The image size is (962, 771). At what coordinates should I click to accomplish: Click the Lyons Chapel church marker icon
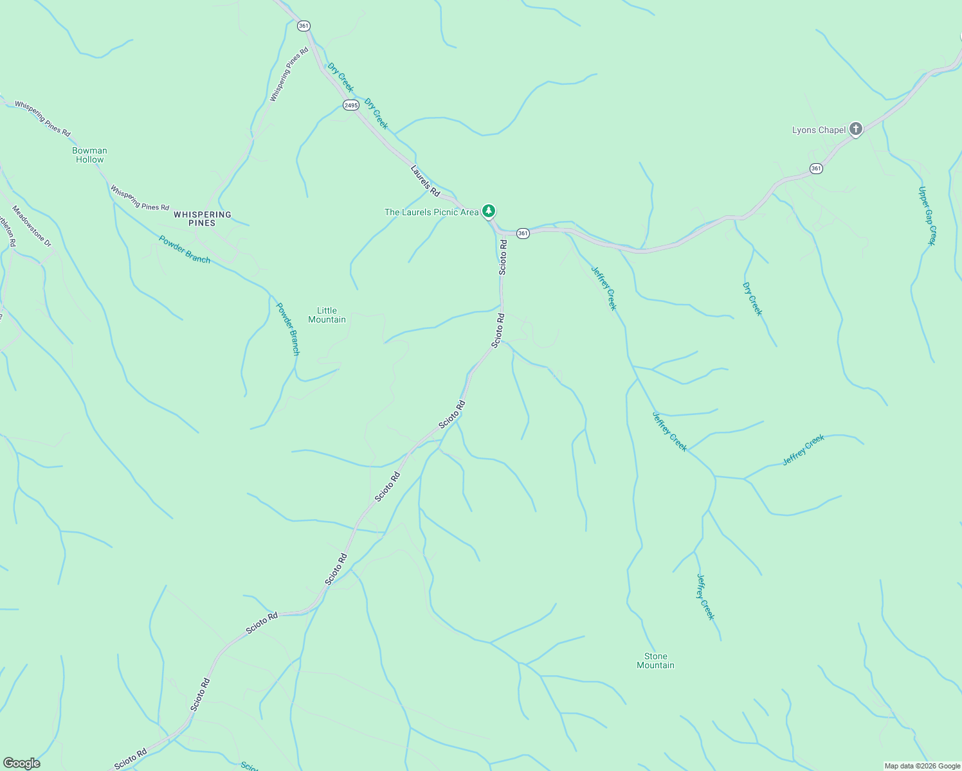point(855,129)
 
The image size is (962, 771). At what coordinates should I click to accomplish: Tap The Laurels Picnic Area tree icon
point(489,211)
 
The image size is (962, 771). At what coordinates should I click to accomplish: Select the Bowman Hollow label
point(89,155)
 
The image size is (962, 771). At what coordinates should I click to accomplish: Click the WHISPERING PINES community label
point(202,218)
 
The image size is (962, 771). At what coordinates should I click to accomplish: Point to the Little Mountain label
point(327,315)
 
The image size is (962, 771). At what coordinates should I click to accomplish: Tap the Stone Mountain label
point(655,660)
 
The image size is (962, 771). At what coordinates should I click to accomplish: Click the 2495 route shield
point(350,105)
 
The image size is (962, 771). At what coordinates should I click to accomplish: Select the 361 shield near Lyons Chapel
point(816,168)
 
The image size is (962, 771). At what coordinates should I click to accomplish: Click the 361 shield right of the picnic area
point(523,233)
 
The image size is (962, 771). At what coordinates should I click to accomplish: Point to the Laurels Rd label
point(425,181)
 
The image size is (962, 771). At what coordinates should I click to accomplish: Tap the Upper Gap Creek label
point(927,216)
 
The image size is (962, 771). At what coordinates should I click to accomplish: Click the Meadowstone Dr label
point(32,226)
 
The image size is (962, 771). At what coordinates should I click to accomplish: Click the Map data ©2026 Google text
point(921,766)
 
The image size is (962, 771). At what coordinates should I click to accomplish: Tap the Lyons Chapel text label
point(819,130)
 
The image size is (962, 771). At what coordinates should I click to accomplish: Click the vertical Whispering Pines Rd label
point(289,74)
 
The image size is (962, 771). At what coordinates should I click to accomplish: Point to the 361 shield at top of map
point(304,26)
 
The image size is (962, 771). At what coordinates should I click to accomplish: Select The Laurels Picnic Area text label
point(431,212)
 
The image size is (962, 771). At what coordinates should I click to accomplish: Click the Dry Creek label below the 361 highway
point(752,299)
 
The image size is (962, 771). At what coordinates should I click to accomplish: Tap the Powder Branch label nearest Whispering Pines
point(185,249)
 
